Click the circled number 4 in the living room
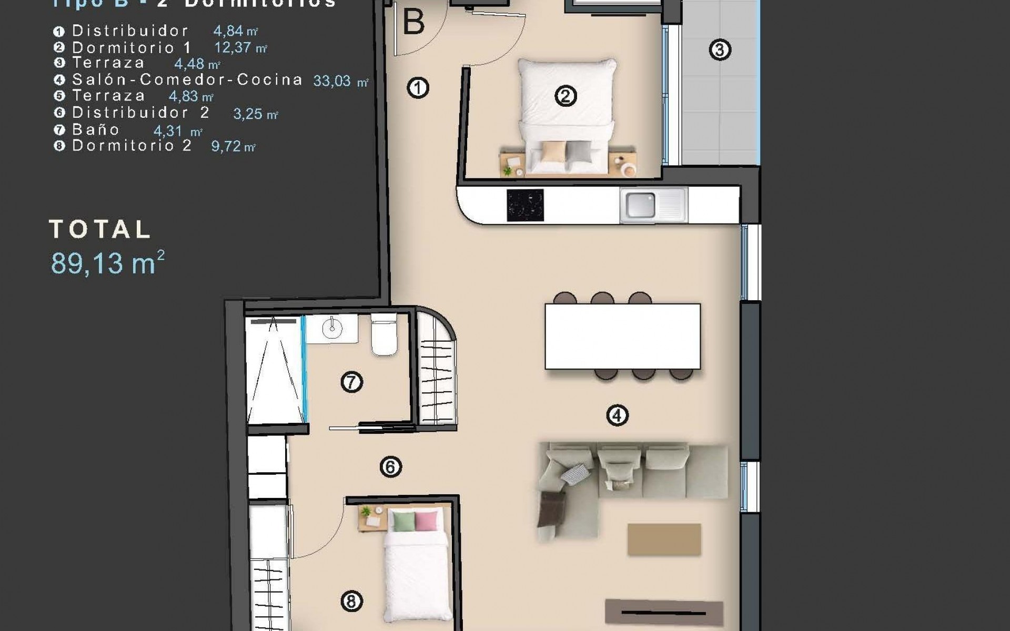click(x=617, y=415)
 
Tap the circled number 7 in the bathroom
click(x=351, y=382)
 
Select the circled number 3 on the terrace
click(x=720, y=50)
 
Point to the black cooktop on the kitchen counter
click(x=524, y=205)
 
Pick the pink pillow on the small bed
click(x=426, y=520)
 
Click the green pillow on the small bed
click(x=403, y=520)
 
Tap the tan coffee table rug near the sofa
click(x=664, y=539)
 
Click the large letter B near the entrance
click(x=413, y=23)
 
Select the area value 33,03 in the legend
click(x=332, y=81)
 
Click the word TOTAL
click(x=100, y=230)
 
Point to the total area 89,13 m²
click(x=108, y=263)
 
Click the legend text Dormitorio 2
click(x=132, y=146)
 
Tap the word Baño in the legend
click(x=96, y=129)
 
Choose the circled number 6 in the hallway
click(x=390, y=467)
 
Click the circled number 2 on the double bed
click(x=565, y=96)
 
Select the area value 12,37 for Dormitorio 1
click(x=233, y=47)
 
